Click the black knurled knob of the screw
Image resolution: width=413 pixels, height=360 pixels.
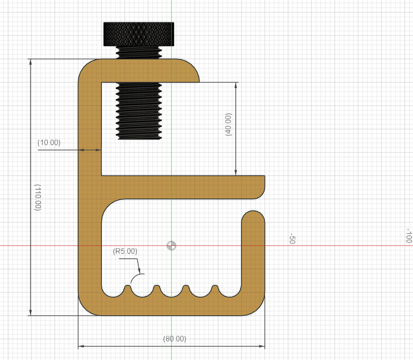pos(138,34)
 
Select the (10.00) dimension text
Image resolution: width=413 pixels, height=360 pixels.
pos(49,143)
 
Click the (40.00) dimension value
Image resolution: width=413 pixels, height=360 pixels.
pos(228,125)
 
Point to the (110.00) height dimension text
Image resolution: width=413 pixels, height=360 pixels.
pos(38,197)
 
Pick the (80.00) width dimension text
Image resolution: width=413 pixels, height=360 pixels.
pos(174,339)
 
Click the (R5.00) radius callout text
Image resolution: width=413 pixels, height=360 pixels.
pos(125,251)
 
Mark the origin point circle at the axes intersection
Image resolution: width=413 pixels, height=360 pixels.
pos(171,246)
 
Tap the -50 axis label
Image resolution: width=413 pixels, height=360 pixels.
pos(292,239)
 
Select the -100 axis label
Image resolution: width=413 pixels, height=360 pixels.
pos(408,236)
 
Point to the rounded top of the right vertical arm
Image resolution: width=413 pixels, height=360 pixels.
pos(253,215)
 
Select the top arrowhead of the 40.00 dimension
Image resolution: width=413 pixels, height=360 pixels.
pos(236,84)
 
